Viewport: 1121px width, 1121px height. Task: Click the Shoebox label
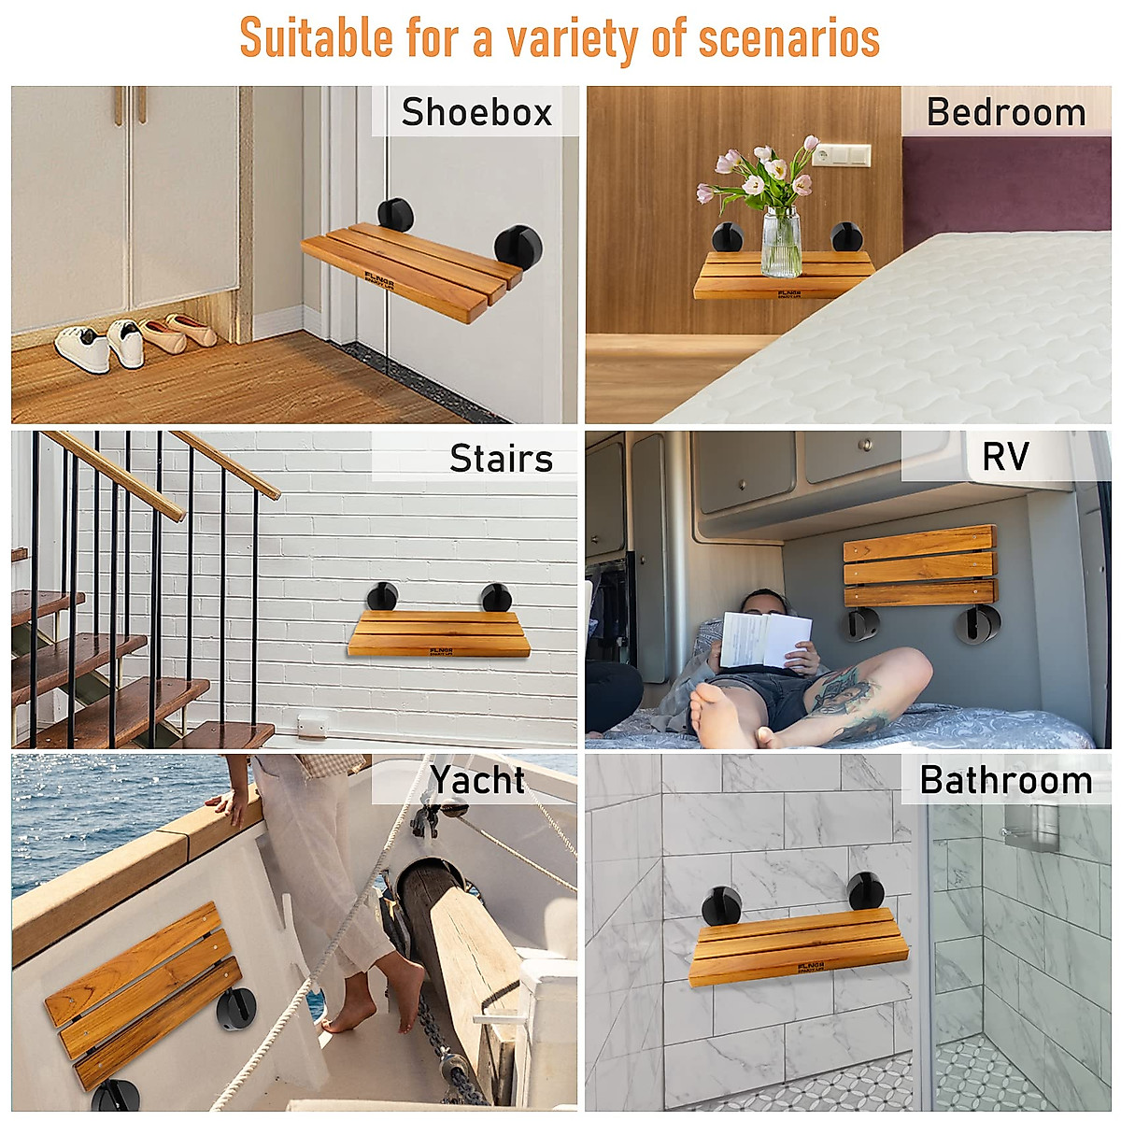476,112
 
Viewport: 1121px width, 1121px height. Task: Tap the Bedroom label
1006,112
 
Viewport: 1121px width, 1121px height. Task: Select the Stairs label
501,458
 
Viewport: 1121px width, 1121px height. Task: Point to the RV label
1005,457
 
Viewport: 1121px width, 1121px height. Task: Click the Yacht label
477,779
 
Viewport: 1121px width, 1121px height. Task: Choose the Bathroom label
1006,779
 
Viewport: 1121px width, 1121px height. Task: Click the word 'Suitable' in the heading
317,38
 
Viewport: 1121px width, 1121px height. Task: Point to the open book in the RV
764,639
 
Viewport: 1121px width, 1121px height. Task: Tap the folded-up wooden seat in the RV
920,566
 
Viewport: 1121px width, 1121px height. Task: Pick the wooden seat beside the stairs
437,633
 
